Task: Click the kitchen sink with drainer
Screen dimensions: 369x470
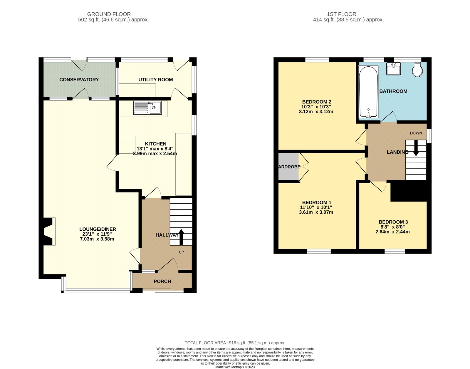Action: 147,108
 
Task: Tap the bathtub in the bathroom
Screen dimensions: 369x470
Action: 368,92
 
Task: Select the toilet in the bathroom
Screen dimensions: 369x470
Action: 417,70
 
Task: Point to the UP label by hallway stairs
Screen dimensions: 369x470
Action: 181,252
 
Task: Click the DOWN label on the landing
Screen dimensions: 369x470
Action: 416,133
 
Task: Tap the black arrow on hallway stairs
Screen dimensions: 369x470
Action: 181,237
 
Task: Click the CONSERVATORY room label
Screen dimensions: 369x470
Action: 79,80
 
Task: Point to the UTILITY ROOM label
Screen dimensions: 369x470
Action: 155,80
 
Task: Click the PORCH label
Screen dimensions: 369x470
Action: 162,281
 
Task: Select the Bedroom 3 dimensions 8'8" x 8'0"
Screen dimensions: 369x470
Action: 392,227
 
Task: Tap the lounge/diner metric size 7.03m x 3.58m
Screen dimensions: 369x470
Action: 97,239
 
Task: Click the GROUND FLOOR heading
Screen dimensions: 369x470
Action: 109,14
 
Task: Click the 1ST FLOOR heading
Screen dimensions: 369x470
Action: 341,14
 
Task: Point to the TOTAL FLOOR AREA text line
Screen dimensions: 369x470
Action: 235,343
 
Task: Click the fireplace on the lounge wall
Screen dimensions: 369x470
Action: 49,231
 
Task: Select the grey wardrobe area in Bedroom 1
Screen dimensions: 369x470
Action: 288,167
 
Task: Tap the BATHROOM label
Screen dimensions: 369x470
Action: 393,91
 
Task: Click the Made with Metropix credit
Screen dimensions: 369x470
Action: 235,367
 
